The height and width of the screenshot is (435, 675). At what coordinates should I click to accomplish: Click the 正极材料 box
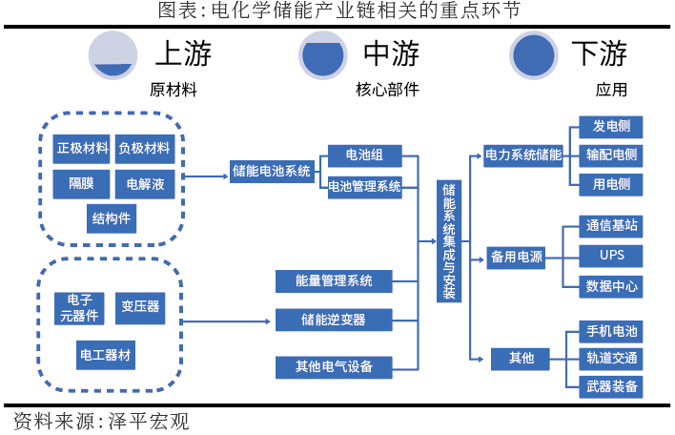coord(82,148)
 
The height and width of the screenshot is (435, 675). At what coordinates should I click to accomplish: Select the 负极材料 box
coord(144,148)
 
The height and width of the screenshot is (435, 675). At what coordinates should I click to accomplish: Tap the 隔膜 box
coord(82,183)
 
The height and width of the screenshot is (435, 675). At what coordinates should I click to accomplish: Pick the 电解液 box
coord(144,183)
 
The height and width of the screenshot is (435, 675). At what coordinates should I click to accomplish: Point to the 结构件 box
coord(112,218)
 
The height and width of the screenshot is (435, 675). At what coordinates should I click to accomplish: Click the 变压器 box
coord(140,307)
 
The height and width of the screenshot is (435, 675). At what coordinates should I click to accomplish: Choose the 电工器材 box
coord(106,355)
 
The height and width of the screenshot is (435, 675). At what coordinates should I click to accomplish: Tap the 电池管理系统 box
coord(364,185)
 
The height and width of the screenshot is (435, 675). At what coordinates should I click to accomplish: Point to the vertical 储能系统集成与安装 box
coord(449,241)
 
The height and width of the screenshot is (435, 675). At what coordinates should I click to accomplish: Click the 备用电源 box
coord(517,257)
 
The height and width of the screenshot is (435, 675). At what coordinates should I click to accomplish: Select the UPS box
coord(611,255)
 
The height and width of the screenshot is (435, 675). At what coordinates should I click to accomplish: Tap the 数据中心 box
coord(611,285)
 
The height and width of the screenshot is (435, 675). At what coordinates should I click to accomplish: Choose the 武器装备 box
coord(611,386)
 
